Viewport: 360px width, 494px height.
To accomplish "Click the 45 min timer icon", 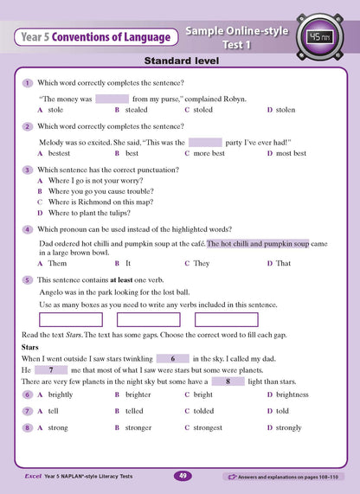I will tap(317, 35).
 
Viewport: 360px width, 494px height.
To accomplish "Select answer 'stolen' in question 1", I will tap(285, 111).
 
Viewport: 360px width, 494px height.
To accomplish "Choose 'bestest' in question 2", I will tap(60, 153).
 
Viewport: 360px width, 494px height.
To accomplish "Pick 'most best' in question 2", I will tap(290, 153).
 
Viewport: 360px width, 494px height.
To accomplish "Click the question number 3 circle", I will tap(28, 170).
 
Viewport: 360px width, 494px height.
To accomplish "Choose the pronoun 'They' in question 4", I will tap(201, 263).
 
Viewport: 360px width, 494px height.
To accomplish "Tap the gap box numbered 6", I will tap(173, 358).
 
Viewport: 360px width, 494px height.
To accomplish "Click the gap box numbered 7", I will tap(52, 369).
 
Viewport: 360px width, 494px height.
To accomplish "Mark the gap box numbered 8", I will tap(228, 381).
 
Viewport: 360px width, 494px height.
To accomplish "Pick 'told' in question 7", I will tap(282, 411).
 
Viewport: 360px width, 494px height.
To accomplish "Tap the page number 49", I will tap(183, 475).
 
